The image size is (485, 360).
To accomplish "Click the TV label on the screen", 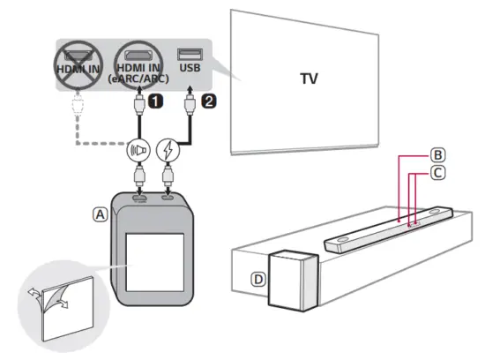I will coord(309,79).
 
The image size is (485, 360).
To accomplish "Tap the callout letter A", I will coord(101,213).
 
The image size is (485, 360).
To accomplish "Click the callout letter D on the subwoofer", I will coord(257,279).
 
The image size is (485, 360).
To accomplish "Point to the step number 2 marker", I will coord(208,101).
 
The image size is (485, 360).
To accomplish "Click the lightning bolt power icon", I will coord(168,151).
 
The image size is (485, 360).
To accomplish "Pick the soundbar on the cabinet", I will coord(388,229).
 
